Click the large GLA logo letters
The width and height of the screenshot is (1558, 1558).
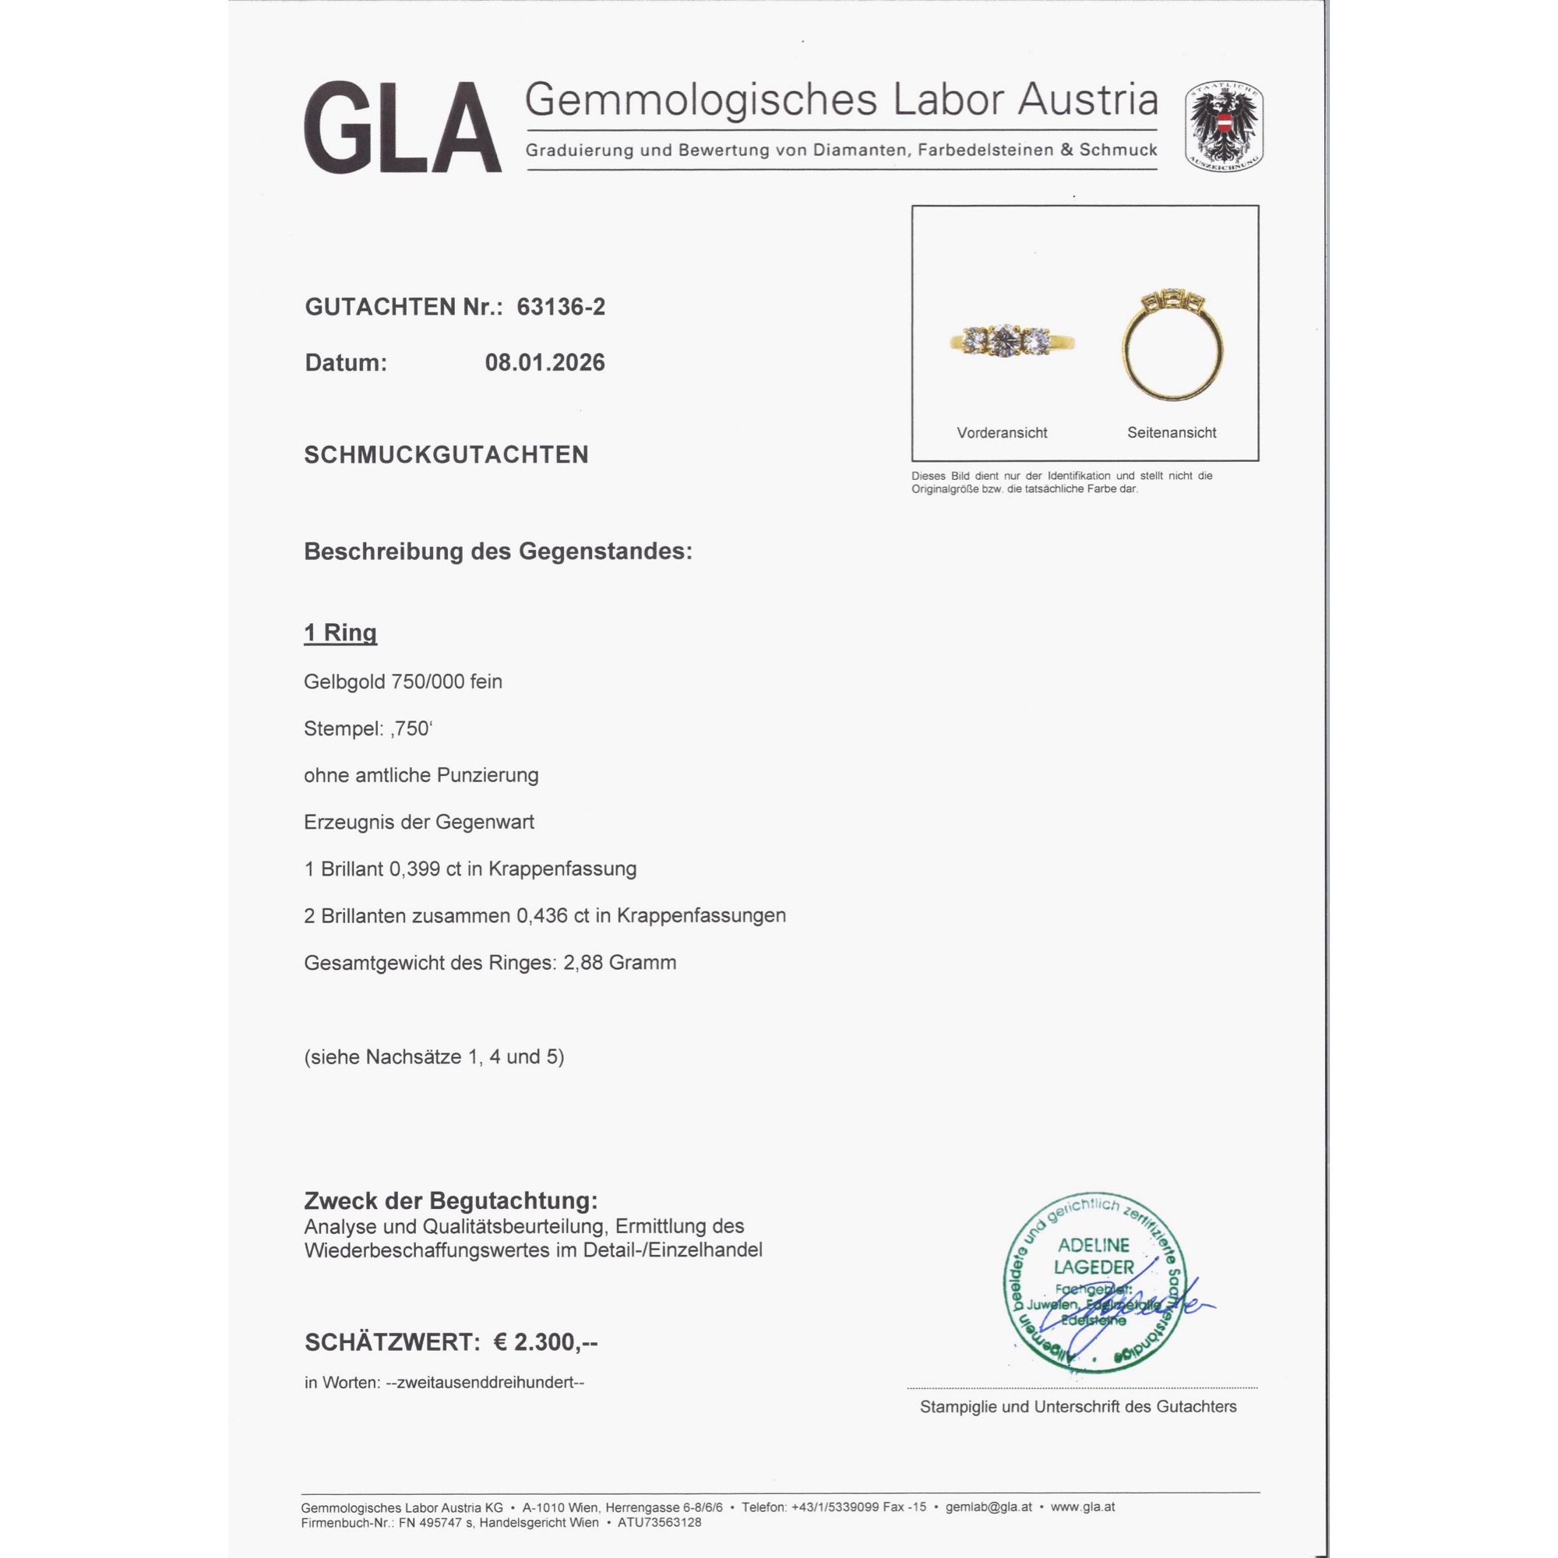click(402, 128)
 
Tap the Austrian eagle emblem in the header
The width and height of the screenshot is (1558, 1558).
click(1223, 125)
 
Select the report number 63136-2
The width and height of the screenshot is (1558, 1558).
click(560, 307)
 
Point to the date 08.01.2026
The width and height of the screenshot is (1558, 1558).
click(545, 363)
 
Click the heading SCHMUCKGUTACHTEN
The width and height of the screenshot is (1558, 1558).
click(446, 455)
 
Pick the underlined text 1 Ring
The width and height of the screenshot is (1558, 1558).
click(340, 633)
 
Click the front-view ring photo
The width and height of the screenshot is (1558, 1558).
click(1012, 341)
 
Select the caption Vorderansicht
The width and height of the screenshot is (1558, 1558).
click(1002, 433)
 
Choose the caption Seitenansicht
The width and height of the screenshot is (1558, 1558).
click(1171, 433)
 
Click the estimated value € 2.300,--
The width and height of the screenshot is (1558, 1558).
click(545, 1343)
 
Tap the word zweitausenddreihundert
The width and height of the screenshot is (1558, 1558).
click(485, 1383)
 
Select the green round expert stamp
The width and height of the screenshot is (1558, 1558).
click(1094, 1282)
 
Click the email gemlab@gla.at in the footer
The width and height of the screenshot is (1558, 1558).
click(988, 1507)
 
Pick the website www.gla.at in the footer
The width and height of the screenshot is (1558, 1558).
click(1082, 1507)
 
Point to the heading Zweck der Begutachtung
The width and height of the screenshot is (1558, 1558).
click(451, 1200)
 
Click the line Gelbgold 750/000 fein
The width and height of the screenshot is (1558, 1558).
click(403, 682)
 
